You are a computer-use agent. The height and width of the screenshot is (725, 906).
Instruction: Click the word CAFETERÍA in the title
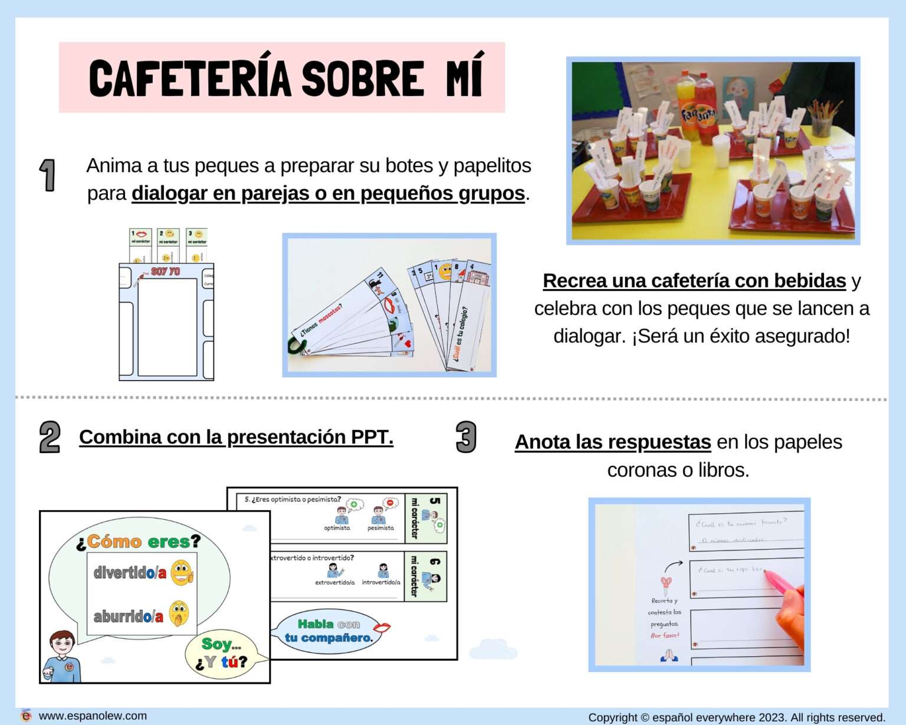point(190,78)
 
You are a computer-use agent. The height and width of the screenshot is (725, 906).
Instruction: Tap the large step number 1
point(47,175)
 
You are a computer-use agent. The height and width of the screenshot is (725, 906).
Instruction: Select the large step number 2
point(50,437)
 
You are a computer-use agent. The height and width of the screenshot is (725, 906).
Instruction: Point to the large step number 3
point(465,437)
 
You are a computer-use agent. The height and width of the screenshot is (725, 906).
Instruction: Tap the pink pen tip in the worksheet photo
point(769,575)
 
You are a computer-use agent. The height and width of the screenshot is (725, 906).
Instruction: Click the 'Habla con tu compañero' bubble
point(329,631)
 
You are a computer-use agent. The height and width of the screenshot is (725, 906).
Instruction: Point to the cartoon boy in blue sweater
point(62,656)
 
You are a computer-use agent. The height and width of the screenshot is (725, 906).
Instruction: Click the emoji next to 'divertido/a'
point(182,572)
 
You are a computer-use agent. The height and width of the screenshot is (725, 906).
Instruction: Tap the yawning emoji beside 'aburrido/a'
point(179,614)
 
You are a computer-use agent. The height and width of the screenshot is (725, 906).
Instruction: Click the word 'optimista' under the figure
point(337,528)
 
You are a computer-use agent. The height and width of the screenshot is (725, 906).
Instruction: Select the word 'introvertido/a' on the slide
point(381,582)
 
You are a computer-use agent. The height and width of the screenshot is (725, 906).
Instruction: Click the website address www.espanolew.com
point(93,716)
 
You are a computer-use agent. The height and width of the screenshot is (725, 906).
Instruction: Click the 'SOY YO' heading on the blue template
point(166,271)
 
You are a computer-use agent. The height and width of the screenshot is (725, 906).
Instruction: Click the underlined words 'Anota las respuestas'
point(613,442)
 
